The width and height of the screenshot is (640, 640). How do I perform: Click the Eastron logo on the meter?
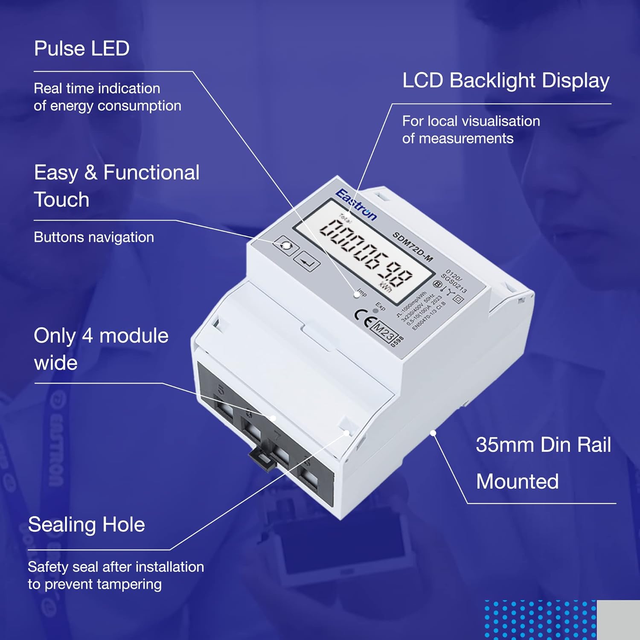(x=356, y=204)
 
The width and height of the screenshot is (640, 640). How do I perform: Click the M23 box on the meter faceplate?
(x=384, y=332)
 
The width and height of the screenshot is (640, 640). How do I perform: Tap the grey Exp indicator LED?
(x=375, y=311)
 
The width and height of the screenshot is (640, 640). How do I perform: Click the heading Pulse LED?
(x=81, y=48)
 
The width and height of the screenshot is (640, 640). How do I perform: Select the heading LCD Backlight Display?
(x=506, y=80)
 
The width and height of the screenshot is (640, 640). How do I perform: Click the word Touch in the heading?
(x=61, y=200)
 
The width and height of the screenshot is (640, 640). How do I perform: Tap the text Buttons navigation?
(x=94, y=237)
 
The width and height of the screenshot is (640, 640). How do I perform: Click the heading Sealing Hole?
(x=86, y=524)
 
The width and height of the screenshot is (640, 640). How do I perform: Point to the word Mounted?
(x=517, y=482)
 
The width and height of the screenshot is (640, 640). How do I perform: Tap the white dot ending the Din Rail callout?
(x=433, y=433)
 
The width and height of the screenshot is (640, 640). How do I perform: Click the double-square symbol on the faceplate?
(x=458, y=299)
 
